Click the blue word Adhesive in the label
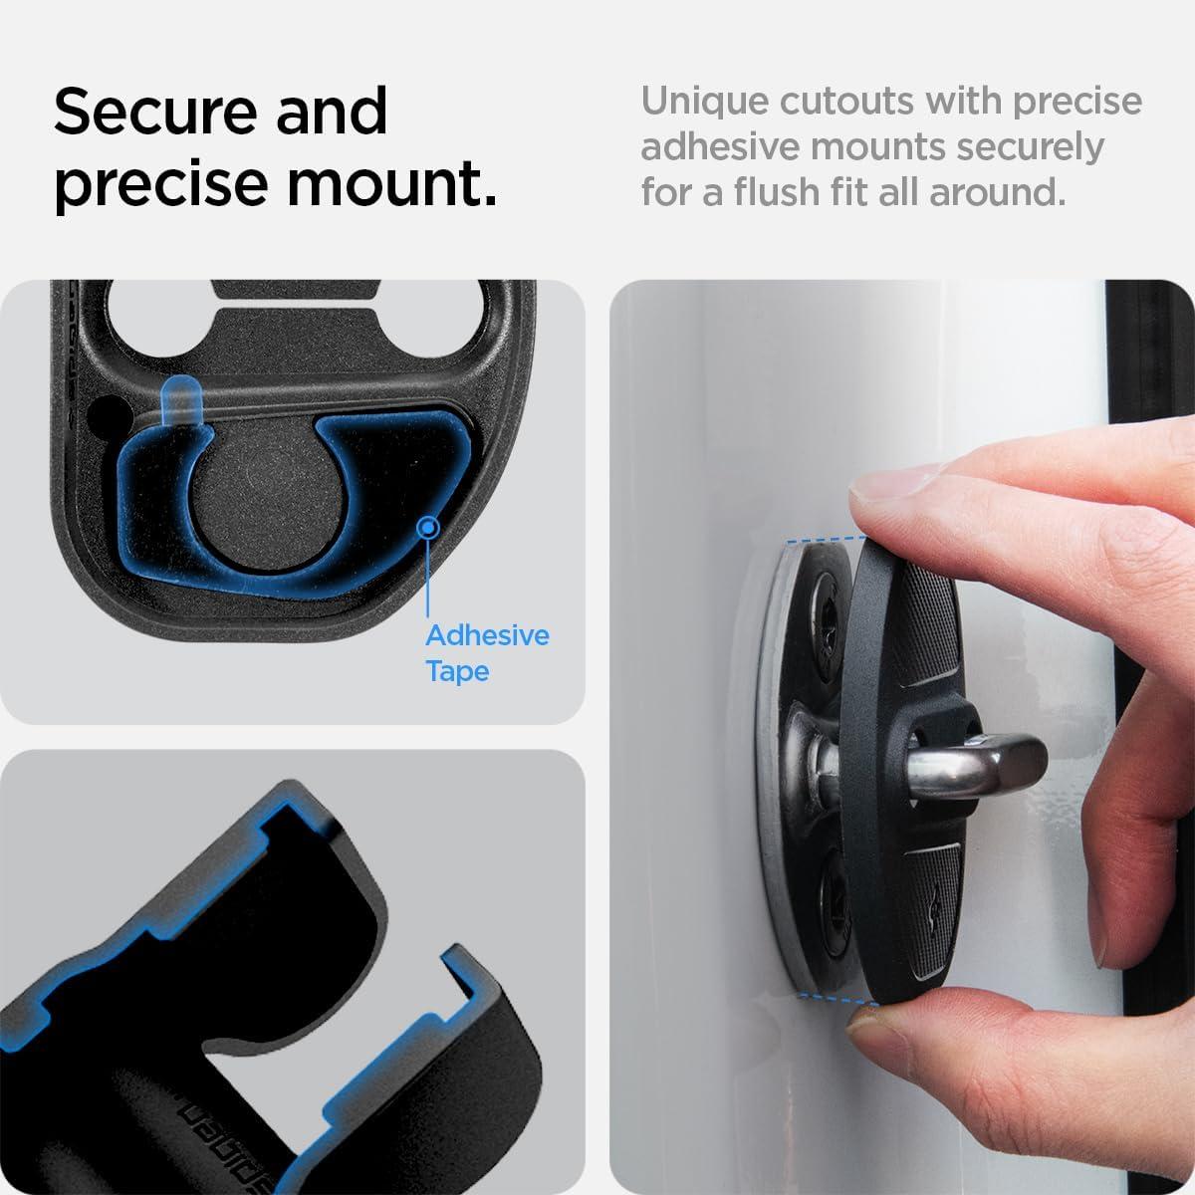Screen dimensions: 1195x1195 click(487, 635)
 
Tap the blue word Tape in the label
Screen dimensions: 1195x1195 click(457, 671)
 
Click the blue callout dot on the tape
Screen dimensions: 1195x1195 click(428, 527)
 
